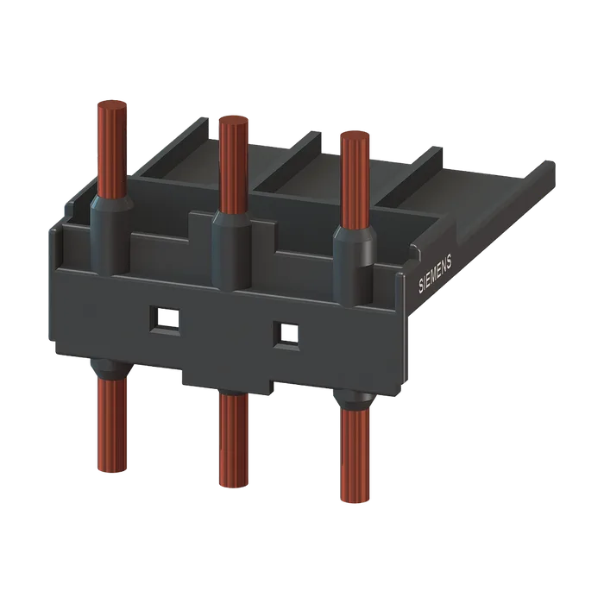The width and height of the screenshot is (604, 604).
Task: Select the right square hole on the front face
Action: (286, 334)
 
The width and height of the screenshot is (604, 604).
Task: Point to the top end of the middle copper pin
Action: (234, 120)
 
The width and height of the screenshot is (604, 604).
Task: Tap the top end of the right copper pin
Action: (355, 136)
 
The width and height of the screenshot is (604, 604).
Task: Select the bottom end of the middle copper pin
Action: (234, 483)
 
